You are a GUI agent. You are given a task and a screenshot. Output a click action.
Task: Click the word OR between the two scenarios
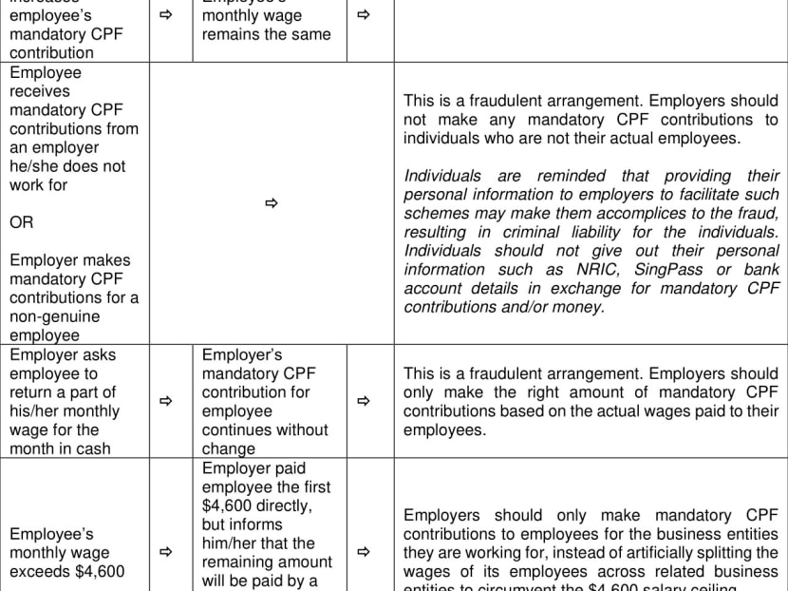(22, 223)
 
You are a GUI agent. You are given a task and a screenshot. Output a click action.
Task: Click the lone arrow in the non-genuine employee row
(271, 203)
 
